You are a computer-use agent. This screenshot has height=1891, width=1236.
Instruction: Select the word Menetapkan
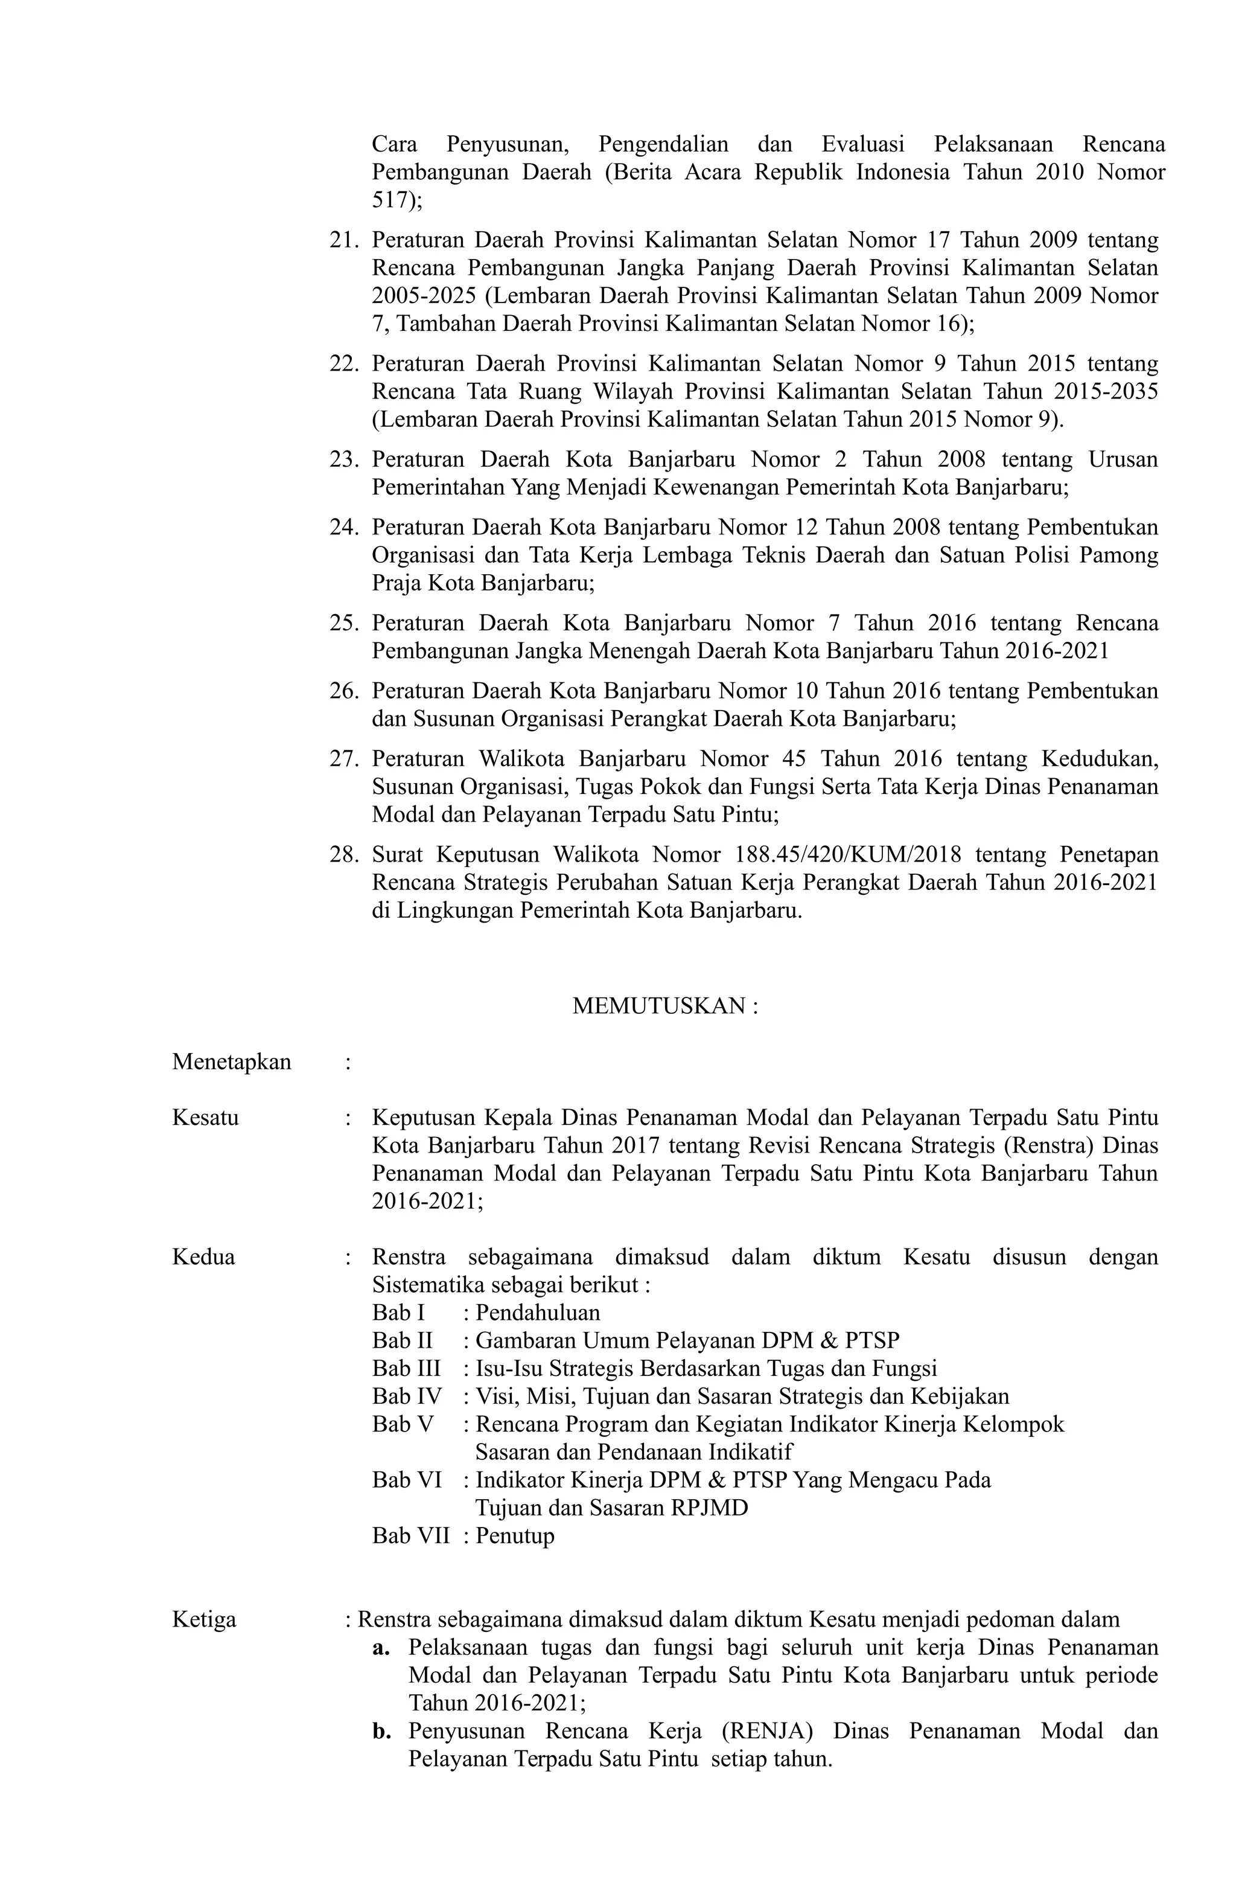click(x=231, y=1062)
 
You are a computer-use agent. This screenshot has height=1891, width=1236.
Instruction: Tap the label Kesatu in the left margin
click(x=205, y=1118)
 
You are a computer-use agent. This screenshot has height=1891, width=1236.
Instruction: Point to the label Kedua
click(x=203, y=1257)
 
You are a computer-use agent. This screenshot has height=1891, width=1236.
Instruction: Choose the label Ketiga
click(x=204, y=1619)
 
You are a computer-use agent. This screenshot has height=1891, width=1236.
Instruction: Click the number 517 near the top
click(x=392, y=200)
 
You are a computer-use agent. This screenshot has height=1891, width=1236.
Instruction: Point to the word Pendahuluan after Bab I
click(x=538, y=1313)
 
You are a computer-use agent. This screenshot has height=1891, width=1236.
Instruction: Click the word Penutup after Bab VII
click(x=515, y=1535)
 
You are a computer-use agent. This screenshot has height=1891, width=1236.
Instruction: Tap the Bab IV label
click(x=406, y=1396)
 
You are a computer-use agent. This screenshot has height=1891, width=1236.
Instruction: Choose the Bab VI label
click(x=406, y=1479)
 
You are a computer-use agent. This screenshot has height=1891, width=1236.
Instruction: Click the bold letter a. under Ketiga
click(x=380, y=1647)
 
